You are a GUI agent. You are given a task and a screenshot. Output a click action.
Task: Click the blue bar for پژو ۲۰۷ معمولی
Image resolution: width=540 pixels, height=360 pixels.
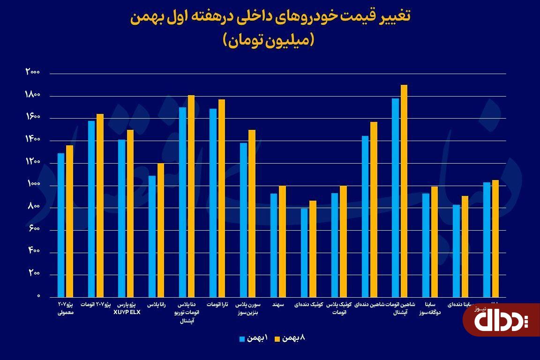61,225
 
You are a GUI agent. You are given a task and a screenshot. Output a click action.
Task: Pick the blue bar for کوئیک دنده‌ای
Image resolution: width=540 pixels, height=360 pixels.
304,253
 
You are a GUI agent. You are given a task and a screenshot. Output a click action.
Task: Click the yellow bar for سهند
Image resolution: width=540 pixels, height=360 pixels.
282,241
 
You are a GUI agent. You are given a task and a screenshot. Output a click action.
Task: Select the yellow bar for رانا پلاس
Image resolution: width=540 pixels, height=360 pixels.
161,230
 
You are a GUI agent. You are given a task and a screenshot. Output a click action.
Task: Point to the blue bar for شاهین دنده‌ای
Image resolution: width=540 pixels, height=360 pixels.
365,216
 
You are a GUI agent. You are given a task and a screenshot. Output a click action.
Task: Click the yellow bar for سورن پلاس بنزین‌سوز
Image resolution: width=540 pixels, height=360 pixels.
252,213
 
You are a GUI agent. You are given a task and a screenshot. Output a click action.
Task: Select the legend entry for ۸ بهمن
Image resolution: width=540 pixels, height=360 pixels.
292,338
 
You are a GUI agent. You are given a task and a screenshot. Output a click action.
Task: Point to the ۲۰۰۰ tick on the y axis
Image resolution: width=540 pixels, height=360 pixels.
33,73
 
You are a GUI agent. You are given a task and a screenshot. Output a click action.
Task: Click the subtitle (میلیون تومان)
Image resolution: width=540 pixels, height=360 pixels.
270,40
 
